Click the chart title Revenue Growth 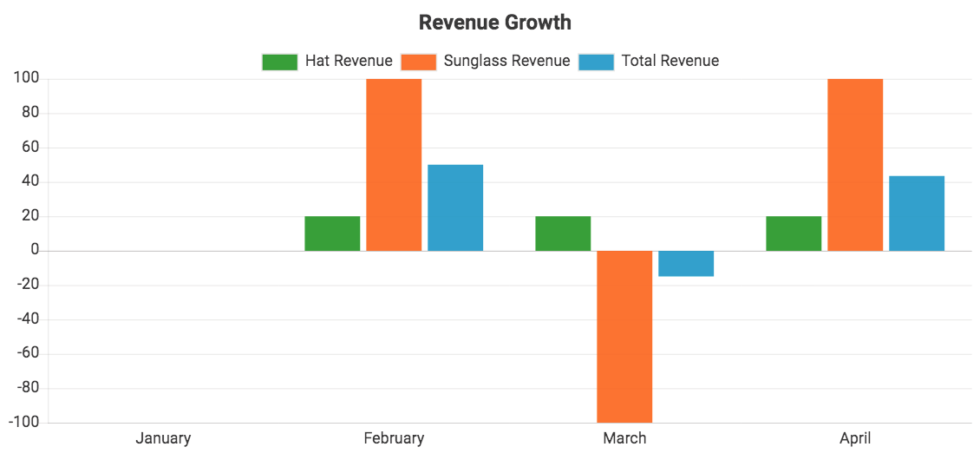coord(494,23)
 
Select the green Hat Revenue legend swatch coord(279,62)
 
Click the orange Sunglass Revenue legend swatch coord(418,62)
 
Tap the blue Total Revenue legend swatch coord(596,62)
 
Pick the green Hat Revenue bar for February coord(332,233)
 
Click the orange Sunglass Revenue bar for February coord(394,165)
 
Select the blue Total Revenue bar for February coord(455,208)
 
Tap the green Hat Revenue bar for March coord(563,233)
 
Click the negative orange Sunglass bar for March coord(624,337)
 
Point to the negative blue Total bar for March coord(686,264)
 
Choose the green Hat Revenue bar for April coord(794,233)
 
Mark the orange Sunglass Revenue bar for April coord(855,165)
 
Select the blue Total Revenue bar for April coord(917,214)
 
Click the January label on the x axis coord(163,438)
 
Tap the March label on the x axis coord(624,438)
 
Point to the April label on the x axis coord(855,438)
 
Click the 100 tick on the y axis coord(25,79)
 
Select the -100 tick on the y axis coord(23,423)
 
